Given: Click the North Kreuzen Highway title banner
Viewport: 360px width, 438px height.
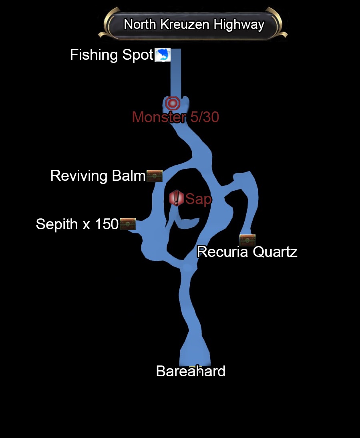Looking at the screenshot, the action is (x=193, y=24).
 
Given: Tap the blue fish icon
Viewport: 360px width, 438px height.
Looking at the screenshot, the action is (x=163, y=55).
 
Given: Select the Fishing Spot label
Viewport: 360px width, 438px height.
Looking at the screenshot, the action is (x=112, y=55).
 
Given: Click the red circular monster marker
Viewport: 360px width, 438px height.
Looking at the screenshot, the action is (x=173, y=104).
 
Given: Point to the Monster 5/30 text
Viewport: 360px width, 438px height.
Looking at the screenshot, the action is (x=175, y=117).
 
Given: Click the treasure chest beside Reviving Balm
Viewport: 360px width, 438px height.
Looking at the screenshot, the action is (x=155, y=176).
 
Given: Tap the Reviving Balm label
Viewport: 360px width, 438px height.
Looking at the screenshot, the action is (x=98, y=176).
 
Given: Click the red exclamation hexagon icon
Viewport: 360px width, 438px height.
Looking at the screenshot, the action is (x=176, y=198).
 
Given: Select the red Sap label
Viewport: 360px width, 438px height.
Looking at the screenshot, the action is (x=198, y=199).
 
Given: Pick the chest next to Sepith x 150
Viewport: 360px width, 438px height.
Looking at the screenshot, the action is (x=127, y=224).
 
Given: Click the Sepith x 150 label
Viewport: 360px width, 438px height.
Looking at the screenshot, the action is (x=77, y=224).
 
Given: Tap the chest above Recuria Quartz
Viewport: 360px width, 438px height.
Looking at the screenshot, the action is (x=247, y=240).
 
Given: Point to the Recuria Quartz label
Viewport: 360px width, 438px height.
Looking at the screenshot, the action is (x=247, y=252).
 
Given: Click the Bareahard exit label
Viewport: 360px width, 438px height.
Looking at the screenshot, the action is (x=191, y=371).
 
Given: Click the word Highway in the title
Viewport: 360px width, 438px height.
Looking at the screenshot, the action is (x=239, y=25).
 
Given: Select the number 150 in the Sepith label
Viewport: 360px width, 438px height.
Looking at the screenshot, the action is (x=107, y=224).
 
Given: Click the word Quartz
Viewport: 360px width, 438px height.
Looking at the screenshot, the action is (x=275, y=252).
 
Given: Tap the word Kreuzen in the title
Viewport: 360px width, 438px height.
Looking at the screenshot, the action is (x=185, y=24).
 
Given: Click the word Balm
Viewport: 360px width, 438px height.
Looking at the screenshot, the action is (x=129, y=176).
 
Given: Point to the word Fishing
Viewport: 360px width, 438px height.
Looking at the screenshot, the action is (x=94, y=55).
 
